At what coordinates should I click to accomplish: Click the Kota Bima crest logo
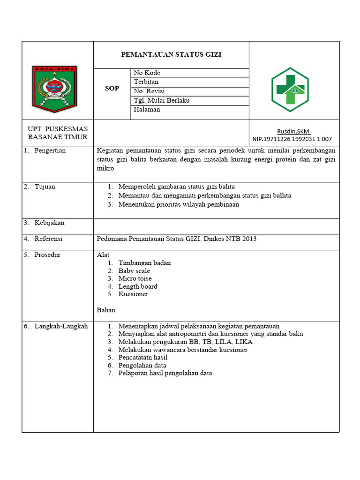click(54, 89)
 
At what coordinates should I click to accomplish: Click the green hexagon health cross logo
click(290, 90)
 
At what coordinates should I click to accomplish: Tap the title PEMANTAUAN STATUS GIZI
click(171, 54)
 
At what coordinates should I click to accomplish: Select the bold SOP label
click(112, 89)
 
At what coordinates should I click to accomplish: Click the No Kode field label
click(147, 73)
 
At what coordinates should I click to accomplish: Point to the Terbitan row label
click(146, 82)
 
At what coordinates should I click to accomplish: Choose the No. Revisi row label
click(149, 91)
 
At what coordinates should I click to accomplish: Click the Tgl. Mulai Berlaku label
click(162, 100)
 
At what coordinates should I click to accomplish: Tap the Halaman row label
click(147, 109)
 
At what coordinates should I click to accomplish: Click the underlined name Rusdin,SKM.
click(294, 132)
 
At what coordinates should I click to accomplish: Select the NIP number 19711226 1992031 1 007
click(292, 139)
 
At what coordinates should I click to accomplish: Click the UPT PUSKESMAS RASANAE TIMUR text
click(58, 133)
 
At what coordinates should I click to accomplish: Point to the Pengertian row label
click(50, 150)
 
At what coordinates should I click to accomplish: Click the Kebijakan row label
click(49, 223)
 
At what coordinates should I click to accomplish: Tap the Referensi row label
click(48, 239)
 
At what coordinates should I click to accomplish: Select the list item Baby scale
click(134, 271)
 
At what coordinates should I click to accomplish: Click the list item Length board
click(137, 286)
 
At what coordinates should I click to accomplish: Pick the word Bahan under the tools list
click(106, 310)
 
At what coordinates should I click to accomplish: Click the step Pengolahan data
click(142, 365)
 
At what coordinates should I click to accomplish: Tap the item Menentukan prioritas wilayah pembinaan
click(179, 204)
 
